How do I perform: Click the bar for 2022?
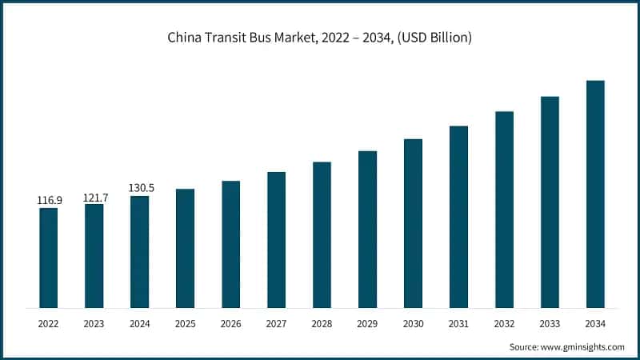[48, 258]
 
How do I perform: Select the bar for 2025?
[185, 248]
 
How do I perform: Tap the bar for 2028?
[322, 234]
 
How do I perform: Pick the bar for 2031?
[458, 216]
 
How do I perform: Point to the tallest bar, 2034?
[595, 194]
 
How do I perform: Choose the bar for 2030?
[413, 223]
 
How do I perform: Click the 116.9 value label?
[50, 199]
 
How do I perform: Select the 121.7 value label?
[94, 196]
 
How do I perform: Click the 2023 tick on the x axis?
[94, 323]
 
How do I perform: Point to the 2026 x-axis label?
[230, 323]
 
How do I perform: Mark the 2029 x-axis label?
[367, 323]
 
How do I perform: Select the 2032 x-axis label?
[504, 323]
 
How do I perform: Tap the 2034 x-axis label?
[595, 323]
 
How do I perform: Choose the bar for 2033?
[550, 202]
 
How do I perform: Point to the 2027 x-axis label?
[276, 323]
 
